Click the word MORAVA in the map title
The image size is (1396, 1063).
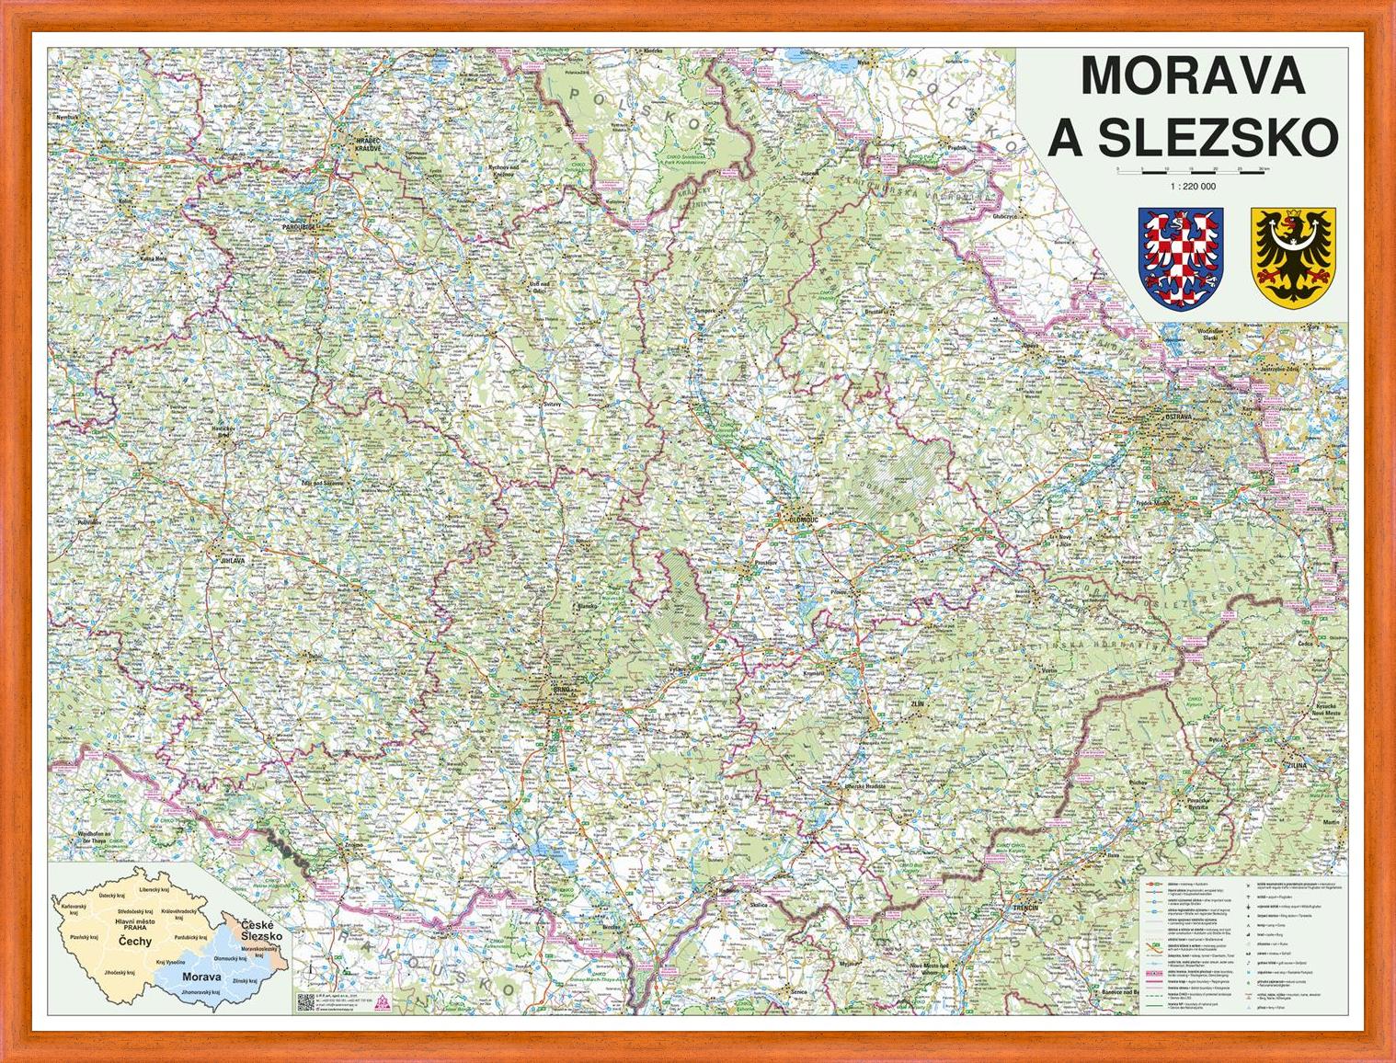[x=1193, y=75]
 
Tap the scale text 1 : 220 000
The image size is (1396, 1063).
[x=1193, y=187]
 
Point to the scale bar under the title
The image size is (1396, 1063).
[x=1193, y=171]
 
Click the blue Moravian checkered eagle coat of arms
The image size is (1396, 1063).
[x=1181, y=257]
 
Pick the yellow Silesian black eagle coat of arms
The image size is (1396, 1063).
[x=1292, y=257]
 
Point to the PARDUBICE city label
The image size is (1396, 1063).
[x=301, y=224]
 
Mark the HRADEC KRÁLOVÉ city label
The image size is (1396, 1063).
[x=368, y=143]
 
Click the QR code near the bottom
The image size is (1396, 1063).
[x=305, y=1001]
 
